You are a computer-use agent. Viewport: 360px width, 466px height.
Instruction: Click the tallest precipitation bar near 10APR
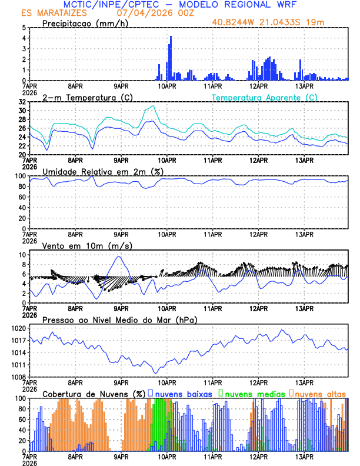(171, 58)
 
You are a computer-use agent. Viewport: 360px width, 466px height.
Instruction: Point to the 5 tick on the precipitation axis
(24, 28)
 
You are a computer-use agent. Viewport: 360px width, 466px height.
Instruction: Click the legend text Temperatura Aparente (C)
(265, 97)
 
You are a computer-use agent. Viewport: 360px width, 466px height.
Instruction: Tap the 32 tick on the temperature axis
(22, 102)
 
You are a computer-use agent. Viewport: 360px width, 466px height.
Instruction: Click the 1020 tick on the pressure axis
(19, 328)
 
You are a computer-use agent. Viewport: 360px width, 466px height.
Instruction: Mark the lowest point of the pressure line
(156, 373)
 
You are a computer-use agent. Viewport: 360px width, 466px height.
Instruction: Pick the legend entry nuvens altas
(319, 394)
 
